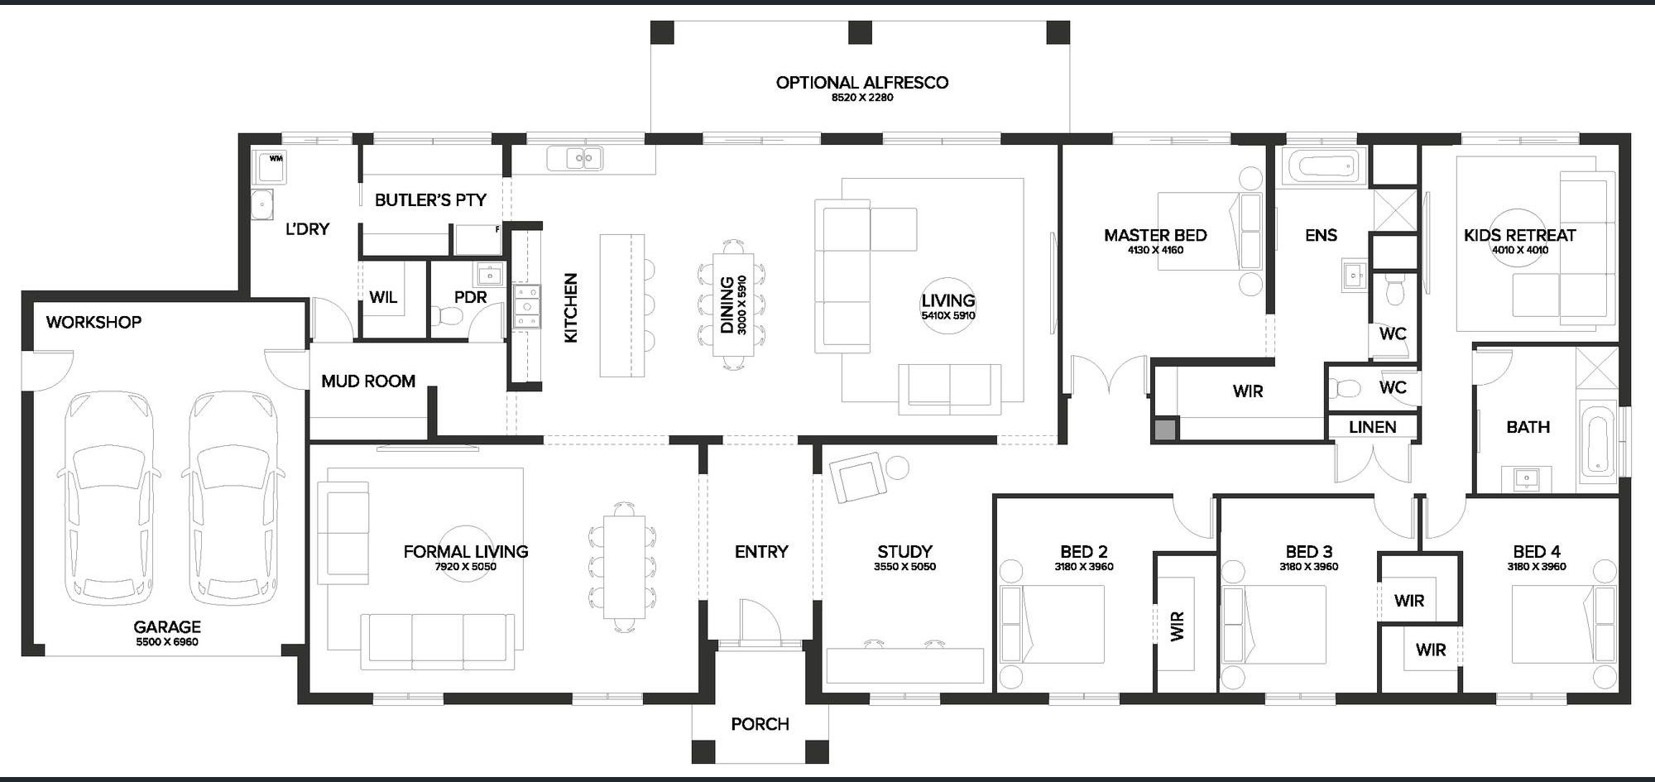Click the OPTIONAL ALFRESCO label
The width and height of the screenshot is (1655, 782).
point(862,82)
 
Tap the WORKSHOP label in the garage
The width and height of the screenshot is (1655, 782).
point(94,322)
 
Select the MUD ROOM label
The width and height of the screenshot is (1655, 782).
point(368,381)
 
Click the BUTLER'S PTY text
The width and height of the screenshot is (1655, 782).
point(430,199)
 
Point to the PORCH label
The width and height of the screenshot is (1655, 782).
point(760,724)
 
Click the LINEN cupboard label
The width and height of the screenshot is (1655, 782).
point(1372,427)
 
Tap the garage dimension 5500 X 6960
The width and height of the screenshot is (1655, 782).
point(167,642)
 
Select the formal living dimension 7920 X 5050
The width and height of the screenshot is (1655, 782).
point(466,567)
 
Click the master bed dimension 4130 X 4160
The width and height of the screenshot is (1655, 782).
point(1155,250)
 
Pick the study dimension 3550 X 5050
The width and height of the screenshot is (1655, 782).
point(904,567)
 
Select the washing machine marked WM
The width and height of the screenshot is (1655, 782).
point(269,167)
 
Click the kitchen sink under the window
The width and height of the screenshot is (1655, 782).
point(574,157)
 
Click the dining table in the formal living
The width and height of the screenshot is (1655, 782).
point(624,566)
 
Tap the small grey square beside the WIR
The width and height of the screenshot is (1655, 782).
point(1165,429)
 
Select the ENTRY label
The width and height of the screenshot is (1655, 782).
point(761,552)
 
